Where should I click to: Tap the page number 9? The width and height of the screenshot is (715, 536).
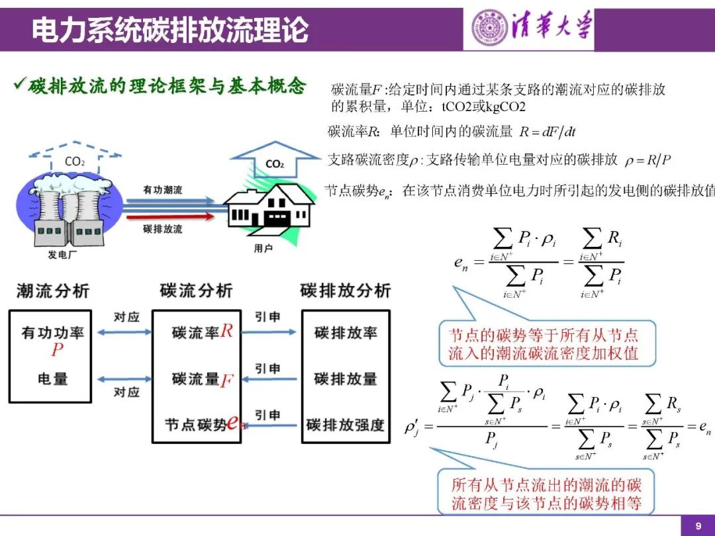[697, 526]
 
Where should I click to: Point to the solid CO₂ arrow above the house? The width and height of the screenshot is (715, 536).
[275, 162]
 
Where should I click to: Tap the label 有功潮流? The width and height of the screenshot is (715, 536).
[163, 190]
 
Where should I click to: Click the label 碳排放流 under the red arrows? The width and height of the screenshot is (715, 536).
[163, 229]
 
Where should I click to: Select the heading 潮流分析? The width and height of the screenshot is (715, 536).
[53, 290]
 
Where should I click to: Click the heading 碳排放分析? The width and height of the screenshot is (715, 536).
[346, 290]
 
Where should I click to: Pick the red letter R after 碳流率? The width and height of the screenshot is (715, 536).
[227, 331]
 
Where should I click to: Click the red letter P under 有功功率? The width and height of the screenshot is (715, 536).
[58, 349]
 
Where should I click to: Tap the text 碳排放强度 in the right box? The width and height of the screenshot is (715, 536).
[346, 424]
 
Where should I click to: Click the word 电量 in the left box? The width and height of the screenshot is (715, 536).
[52, 379]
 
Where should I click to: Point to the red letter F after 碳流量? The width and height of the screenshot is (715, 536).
[226, 380]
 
